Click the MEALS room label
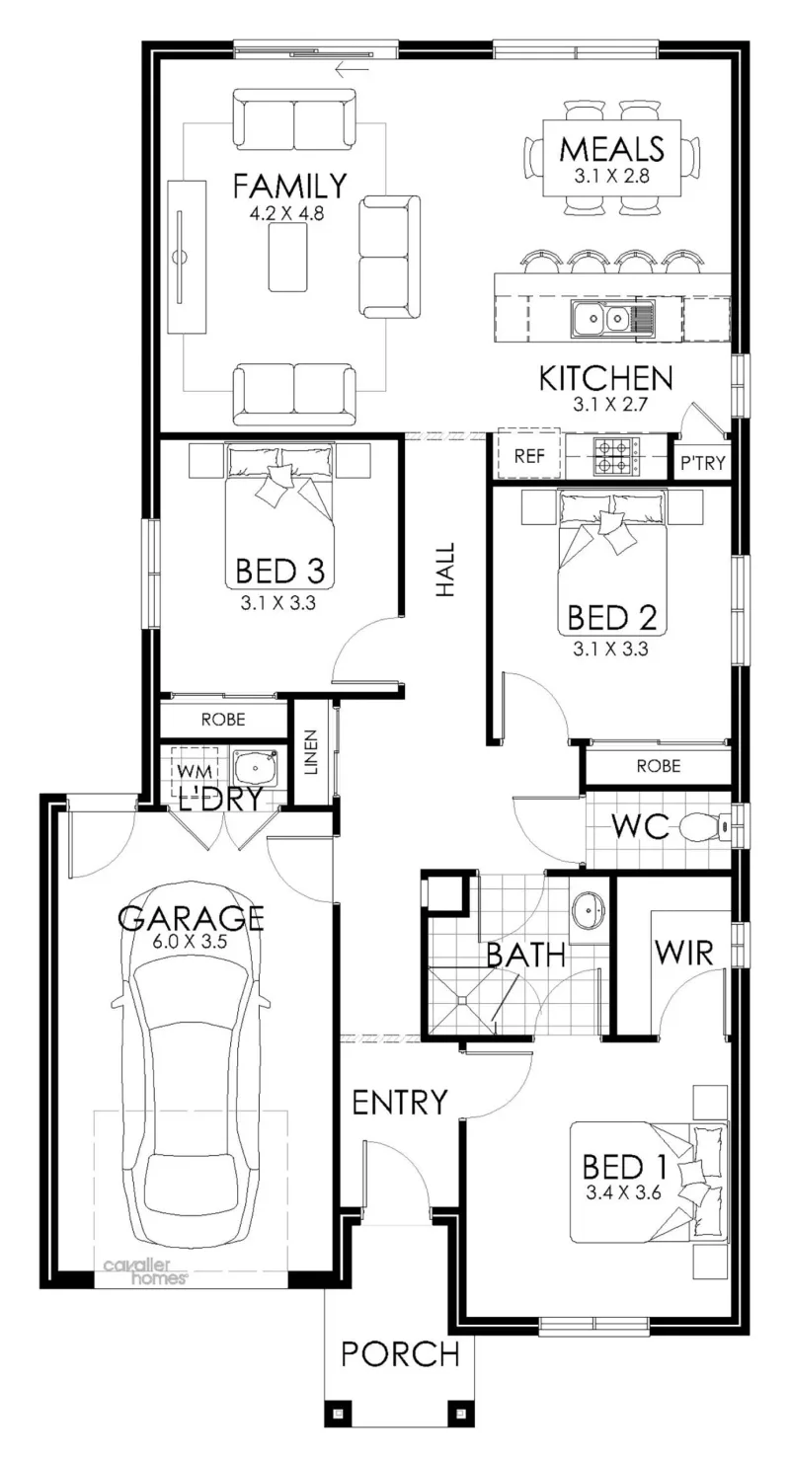click(611, 149)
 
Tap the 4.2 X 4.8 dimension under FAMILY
click(287, 213)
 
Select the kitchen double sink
click(599, 318)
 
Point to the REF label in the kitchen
click(529, 456)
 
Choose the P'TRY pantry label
click(703, 463)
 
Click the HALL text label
click(445, 571)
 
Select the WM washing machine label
click(195, 771)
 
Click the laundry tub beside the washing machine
click(256, 769)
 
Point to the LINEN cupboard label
click(311, 752)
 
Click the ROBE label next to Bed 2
click(659, 765)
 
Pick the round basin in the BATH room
click(589, 907)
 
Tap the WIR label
click(684, 953)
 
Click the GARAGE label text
click(191, 918)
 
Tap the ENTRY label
click(400, 1103)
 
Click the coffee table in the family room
click(288, 257)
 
